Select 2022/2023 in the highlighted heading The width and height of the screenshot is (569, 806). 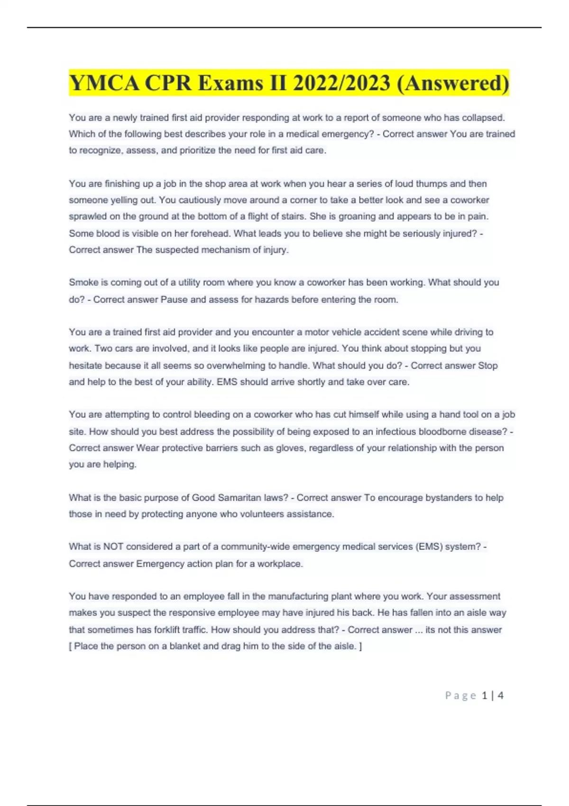pos(341,83)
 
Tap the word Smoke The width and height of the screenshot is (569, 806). pos(82,283)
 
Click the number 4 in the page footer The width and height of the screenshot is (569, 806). pos(500,696)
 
